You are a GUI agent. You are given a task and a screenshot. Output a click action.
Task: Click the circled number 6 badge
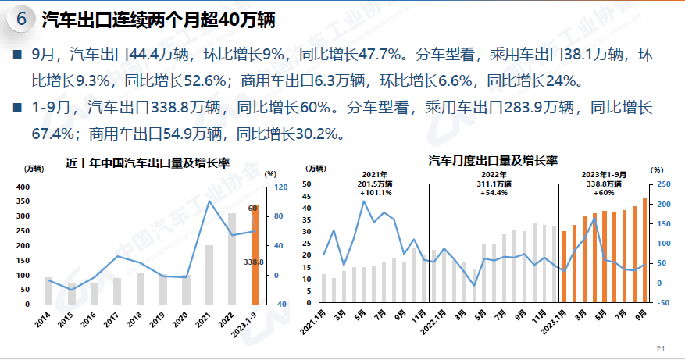pos(21,20)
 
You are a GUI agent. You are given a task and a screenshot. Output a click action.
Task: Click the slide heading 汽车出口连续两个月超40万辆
pos(157,20)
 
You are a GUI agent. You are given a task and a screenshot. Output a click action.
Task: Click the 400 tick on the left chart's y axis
pos(21,187)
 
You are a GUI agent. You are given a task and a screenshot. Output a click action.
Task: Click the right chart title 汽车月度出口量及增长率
pos(492,161)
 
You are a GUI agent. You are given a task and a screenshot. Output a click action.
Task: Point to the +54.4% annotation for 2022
pos(494,192)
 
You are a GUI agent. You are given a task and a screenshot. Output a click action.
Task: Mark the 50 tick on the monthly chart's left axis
pos(307,184)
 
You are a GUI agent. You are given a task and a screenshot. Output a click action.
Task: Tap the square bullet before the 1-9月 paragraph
pos(17,108)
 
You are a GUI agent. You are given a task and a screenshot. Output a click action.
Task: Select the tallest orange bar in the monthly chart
pos(644,250)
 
